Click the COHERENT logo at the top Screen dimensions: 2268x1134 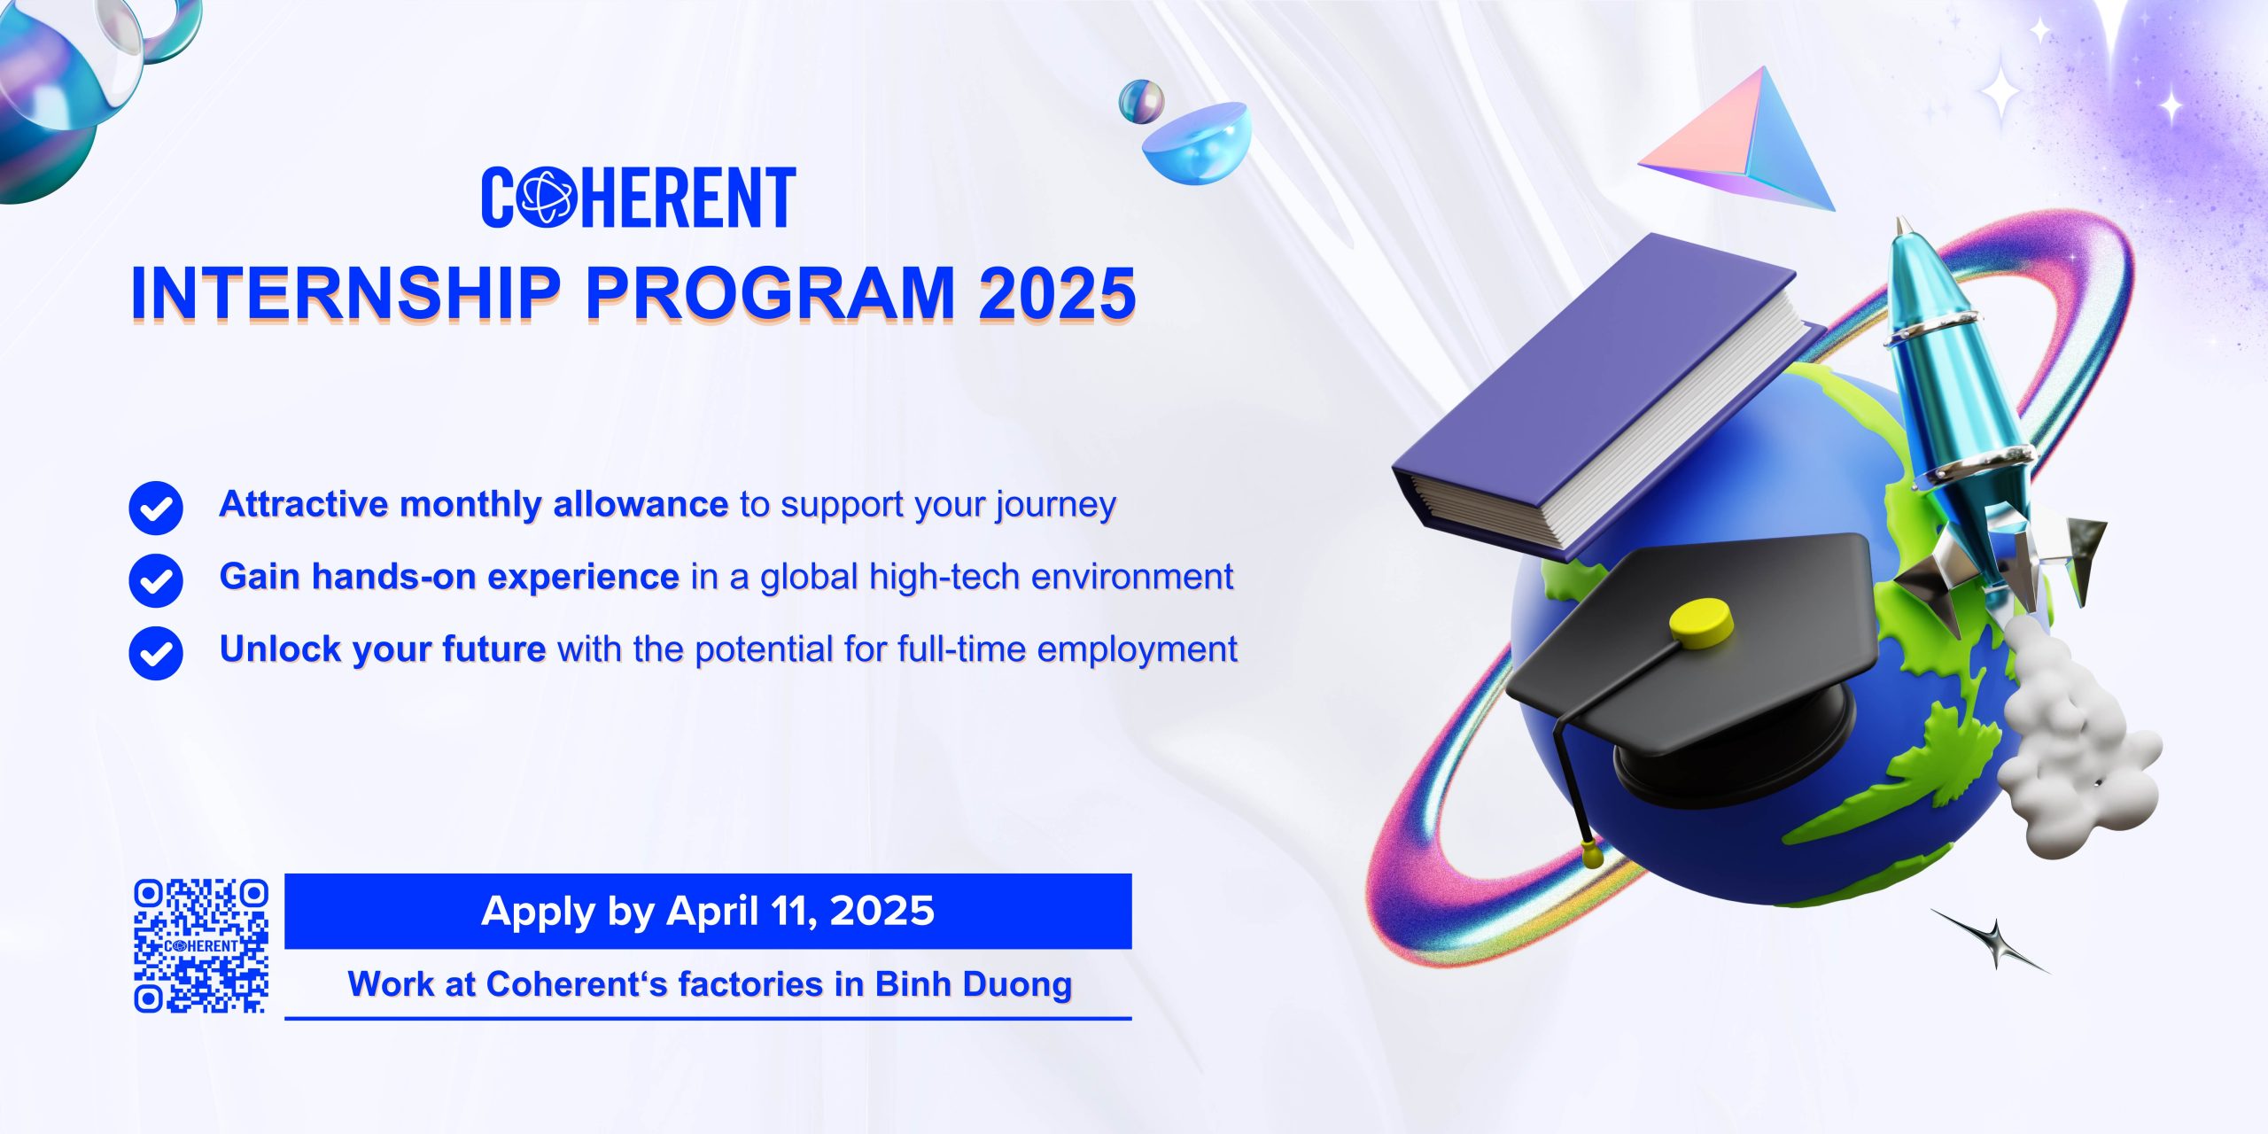click(639, 197)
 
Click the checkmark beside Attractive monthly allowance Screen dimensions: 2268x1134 click(156, 509)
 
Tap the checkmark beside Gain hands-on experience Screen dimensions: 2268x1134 click(156, 580)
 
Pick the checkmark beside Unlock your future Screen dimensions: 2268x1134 click(156, 653)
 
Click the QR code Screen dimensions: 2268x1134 click(201, 945)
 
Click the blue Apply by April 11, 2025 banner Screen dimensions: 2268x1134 click(708, 911)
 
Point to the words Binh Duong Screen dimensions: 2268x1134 click(974, 984)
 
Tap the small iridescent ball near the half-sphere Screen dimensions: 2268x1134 click(1141, 102)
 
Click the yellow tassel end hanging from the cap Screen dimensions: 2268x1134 click(1592, 853)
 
